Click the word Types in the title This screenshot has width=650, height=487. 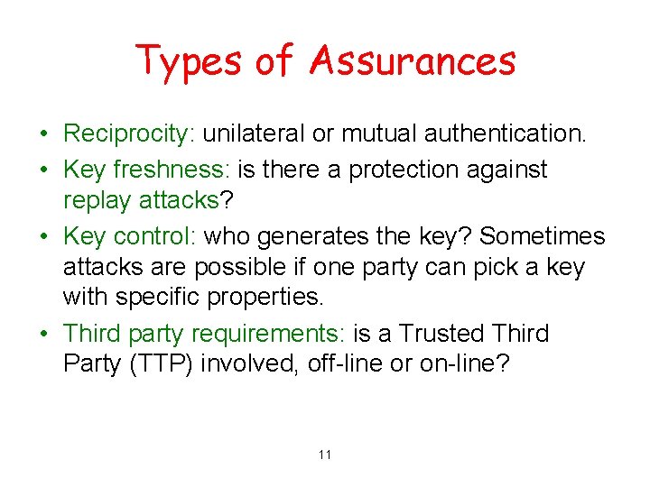click(x=190, y=61)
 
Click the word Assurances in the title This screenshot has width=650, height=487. click(x=413, y=61)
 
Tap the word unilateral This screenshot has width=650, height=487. click(x=254, y=135)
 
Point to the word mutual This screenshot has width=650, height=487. click(x=376, y=135)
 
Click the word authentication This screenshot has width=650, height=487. click(x=506, y=135)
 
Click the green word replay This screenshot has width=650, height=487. click(x=97, y=200)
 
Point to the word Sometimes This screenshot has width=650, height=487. click(x=542, y=235)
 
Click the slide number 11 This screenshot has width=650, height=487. click(x=325, y=455)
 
